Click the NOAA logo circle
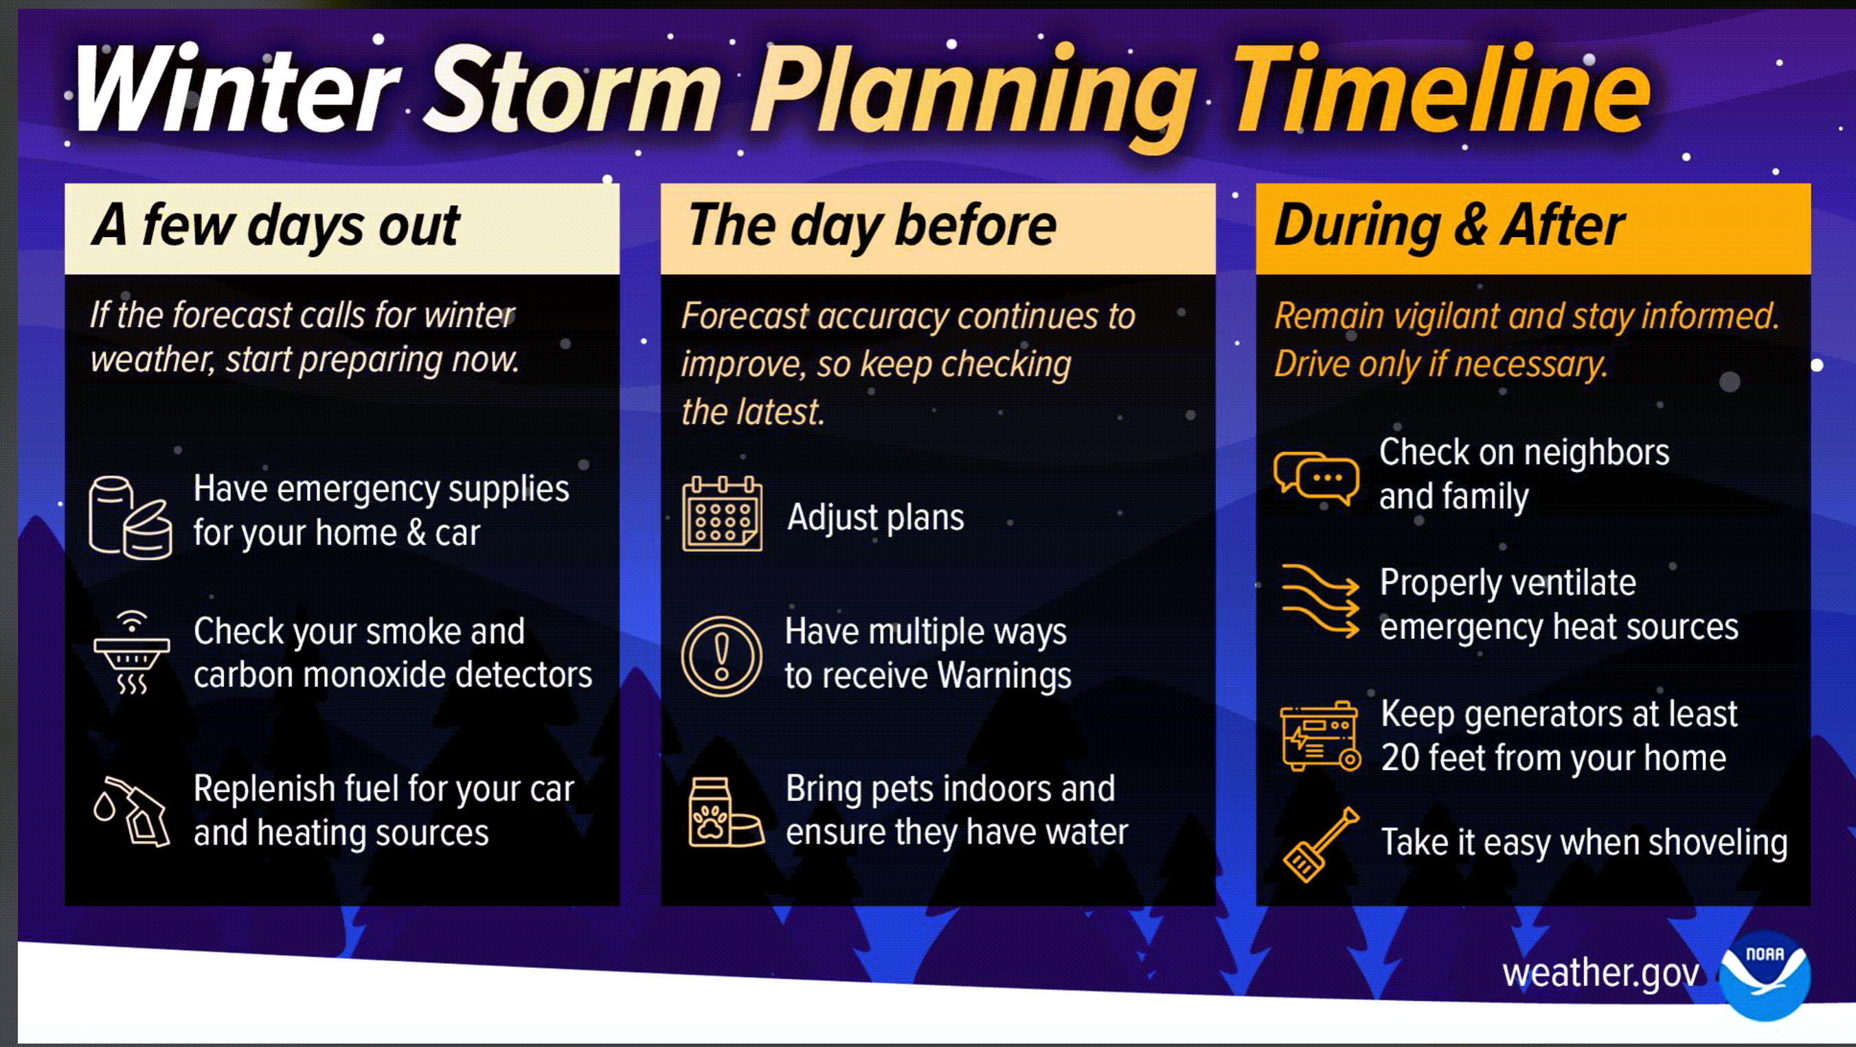pos(1765,976)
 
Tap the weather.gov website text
pos(1600,974)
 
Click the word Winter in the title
pos(235,89)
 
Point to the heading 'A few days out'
pos(276,226)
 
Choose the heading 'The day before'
pos(872,226)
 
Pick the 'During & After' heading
pos(1449,226)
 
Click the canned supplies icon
pos(131,517)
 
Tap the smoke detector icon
pos(132,653)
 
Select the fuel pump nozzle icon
pos(132,811)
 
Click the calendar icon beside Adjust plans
pos(722,514)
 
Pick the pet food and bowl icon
pos(726,811)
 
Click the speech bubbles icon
pos(1316,477)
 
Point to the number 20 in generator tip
pos(1399,758)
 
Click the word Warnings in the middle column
pos(1004,677)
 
